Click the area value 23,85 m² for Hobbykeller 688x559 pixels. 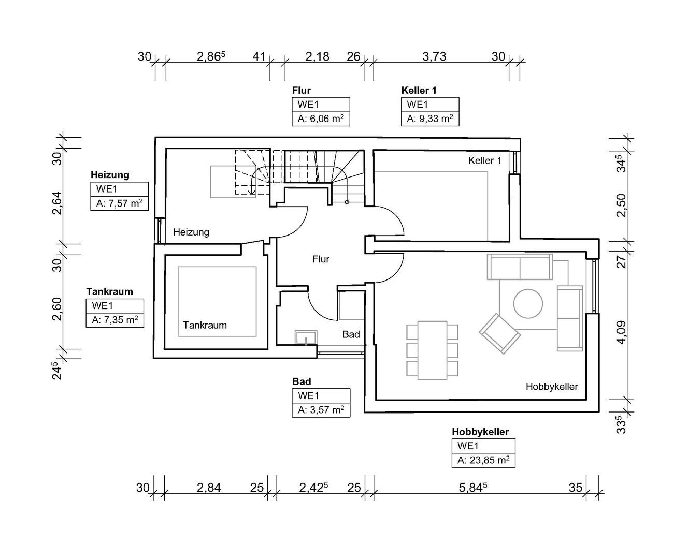pos(483,460)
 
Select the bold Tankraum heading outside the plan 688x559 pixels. pos(109,291)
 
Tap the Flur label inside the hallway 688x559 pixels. pos(321,259)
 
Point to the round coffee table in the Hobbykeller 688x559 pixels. pos(528,304)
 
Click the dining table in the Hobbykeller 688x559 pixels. pos(432,350)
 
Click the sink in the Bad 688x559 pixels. pos(306,337)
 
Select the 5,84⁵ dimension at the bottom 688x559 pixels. pos(473,488)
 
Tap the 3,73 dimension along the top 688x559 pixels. pos(434,57)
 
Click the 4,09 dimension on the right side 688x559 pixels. pos(622,333)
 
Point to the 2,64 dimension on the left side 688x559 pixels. pos(57,203)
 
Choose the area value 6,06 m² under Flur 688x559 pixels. pos(321,119)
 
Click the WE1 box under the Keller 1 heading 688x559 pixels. pos(430,104)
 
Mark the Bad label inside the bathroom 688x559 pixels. pos(351,334)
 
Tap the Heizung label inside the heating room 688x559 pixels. pos(191,232)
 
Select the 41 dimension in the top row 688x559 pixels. pos(259,57)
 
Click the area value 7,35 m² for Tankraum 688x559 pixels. pos(115,320)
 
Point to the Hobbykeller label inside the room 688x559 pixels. pos(552,387)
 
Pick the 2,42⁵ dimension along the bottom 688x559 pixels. pos(313,488)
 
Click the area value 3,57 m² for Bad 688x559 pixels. pos(321,410)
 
